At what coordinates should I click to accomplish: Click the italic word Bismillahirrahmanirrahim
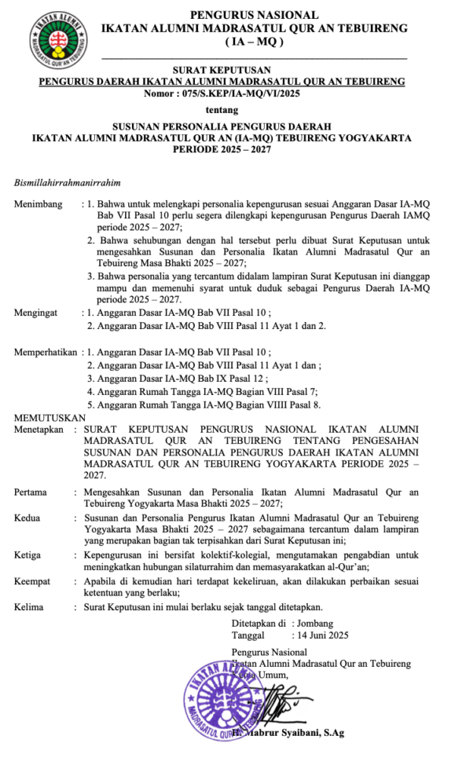69,183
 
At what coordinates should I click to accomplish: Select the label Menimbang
39,205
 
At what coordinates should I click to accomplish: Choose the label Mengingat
38,312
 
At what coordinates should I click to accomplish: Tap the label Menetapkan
40,429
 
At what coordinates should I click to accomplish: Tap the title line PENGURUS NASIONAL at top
254,14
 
